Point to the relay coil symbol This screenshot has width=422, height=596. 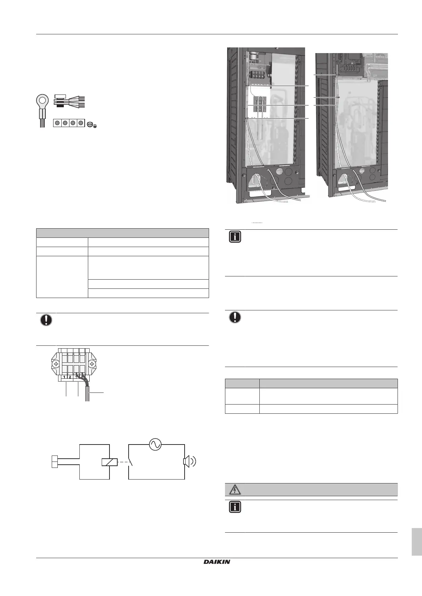pos(109,462)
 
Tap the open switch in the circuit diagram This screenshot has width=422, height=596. pos(132,462)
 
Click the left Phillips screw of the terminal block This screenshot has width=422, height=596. pos(56,364)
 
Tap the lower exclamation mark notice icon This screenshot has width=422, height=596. pos(235,317)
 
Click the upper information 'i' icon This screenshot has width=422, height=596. pos(235,236)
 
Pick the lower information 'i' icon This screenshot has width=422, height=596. pos(235,507)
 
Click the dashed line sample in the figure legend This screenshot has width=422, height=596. pos(257,223)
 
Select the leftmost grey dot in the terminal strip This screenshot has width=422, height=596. pos(57,123)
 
